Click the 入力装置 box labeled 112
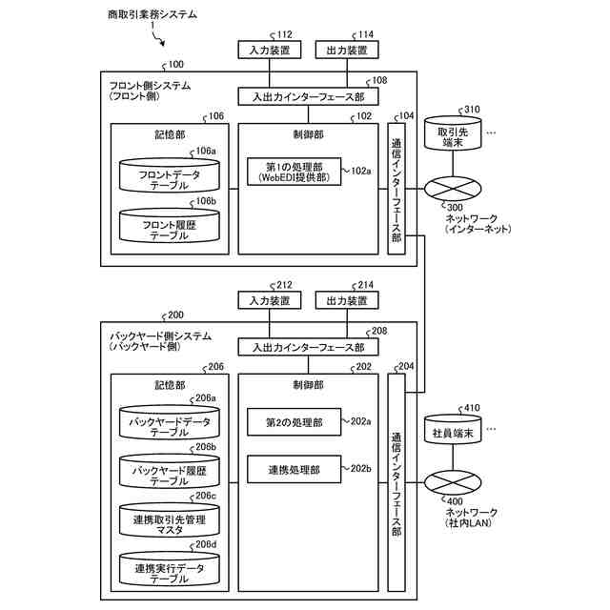[x=269, y=51]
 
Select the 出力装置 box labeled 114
[x=346, y=51]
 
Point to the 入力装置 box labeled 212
[x=269, y=300]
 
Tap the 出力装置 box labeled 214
[x=346, y=300]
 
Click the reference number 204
[x=406, y=367]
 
